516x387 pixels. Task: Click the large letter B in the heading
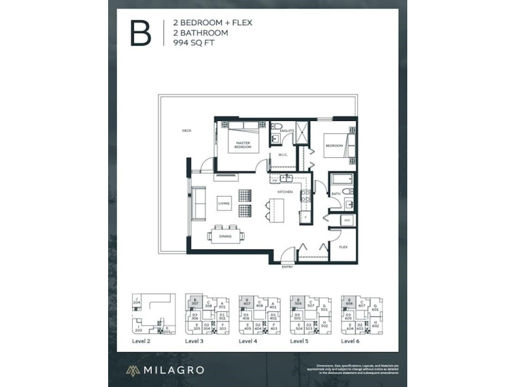pos(140,33)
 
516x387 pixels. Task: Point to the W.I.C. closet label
pos(284,155)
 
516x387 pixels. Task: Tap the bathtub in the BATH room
pos(342,180)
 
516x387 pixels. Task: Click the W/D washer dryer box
pos(346,220)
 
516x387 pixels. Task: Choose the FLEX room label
pos(343,246)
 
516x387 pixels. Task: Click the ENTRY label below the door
pos(287,267)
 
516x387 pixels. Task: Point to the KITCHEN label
pos(284,192)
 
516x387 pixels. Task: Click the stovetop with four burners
pos(304,197)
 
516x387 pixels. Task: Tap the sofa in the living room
pos(199,203)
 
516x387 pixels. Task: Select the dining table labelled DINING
pos(225,235)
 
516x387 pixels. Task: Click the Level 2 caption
pos(141,340)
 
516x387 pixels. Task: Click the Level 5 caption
pos(299,340)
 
